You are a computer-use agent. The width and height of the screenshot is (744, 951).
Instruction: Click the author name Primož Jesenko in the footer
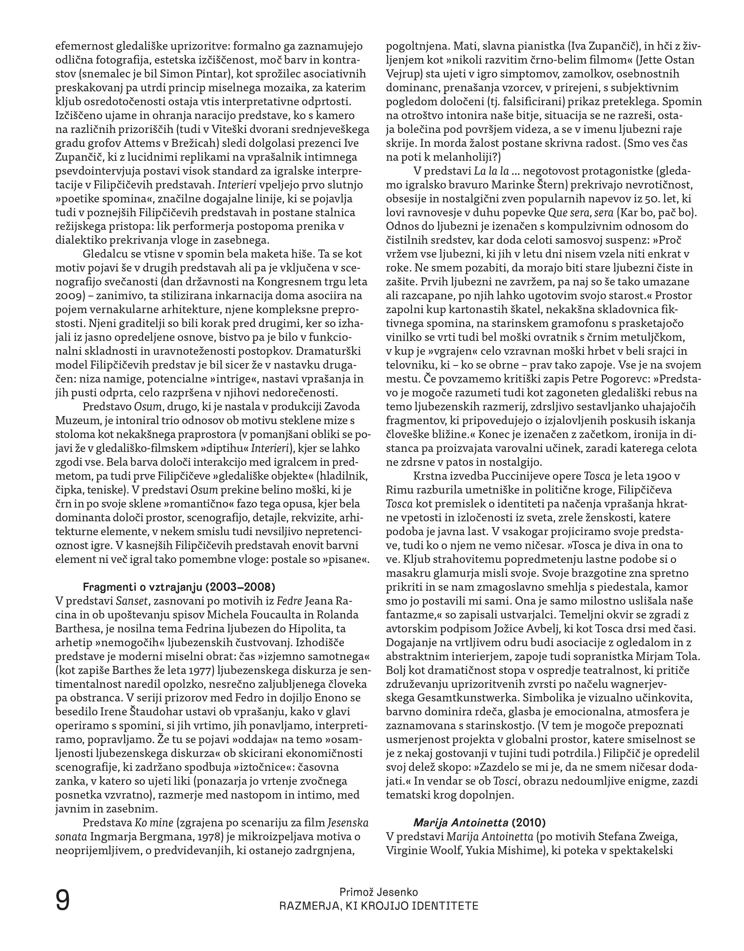379,892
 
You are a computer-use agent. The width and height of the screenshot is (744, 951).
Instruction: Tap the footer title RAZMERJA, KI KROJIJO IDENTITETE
379,906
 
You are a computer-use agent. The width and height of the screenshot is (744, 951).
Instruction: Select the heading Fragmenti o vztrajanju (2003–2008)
179,586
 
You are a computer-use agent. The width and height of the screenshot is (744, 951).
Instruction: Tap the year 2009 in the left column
67,296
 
